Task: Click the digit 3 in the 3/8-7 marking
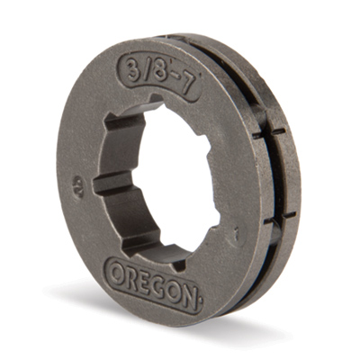click(134, 68)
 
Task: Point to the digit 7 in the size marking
click(187, 85)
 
